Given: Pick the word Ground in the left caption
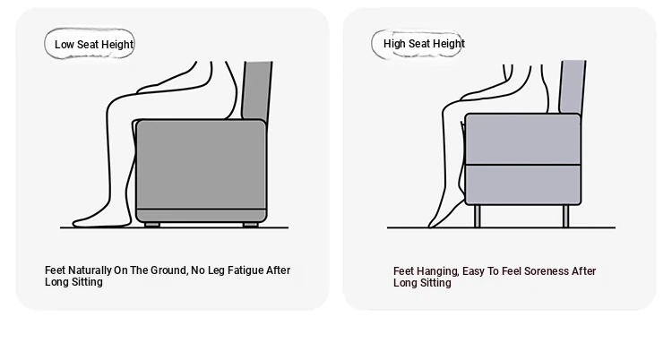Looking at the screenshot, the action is point(168,270).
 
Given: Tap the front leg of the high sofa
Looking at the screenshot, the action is point(478,216).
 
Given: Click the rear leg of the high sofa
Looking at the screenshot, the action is point(565,216).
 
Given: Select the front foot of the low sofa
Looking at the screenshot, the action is point(152,225).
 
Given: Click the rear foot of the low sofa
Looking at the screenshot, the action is point(251,225).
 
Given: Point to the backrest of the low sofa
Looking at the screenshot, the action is point(257,90).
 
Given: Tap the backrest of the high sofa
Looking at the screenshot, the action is point(573,87).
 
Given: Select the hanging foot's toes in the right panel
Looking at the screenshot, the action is point(433,223).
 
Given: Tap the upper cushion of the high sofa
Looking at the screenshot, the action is point(523,139).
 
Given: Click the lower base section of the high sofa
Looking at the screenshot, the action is point(523,184).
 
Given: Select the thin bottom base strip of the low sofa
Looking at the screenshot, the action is point(201,215).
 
